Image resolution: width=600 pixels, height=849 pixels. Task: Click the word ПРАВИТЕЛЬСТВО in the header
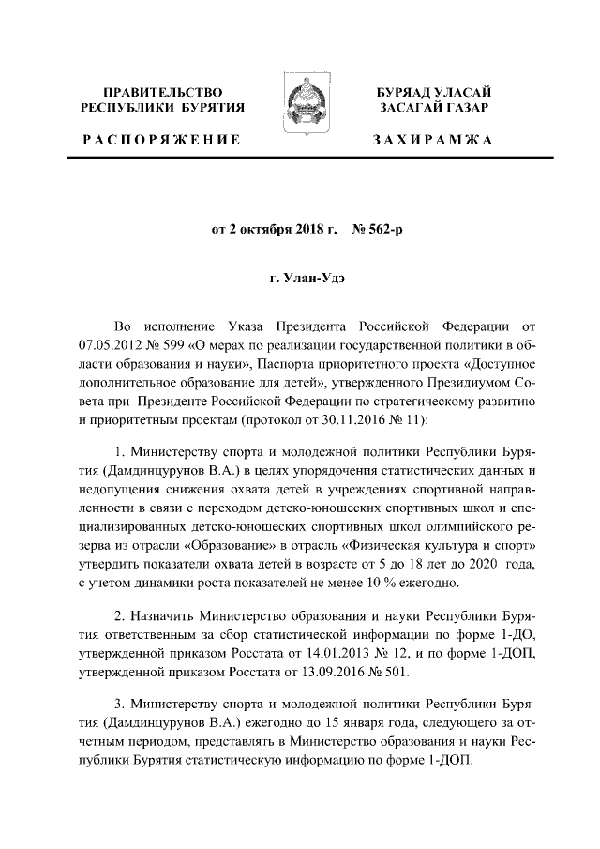(x=163, y=93)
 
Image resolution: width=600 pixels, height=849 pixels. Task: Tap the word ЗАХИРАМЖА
(x=433, y=140)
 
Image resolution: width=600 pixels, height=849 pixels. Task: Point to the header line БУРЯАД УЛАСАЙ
(x=433, y=93)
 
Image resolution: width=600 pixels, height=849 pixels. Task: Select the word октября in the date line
(x=264, y=226)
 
